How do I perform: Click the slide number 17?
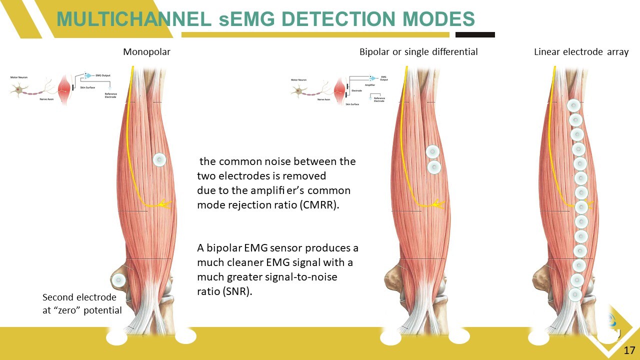click(x=629, y=350)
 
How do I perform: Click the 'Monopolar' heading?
click(x=146, y=52)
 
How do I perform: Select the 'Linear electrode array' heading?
click(x=581, y=52)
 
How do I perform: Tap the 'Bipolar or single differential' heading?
click(x=418, y=52)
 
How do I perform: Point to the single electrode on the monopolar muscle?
click(x=159, y=160)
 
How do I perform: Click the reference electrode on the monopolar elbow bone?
click(x=118, y=280)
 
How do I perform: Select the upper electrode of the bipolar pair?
click(x=432, y=152)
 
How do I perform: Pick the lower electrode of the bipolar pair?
click(x=434, y=167)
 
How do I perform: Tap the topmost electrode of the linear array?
click(x=573, y=105)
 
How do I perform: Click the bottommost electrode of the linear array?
click(x=575, y=294)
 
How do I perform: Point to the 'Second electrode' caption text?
click(x=79, y=298)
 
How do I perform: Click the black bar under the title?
click(x=475, y=35)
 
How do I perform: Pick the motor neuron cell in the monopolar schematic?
click(x=18, y=89)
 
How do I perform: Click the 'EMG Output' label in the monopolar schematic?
click(x=103, y=75)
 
